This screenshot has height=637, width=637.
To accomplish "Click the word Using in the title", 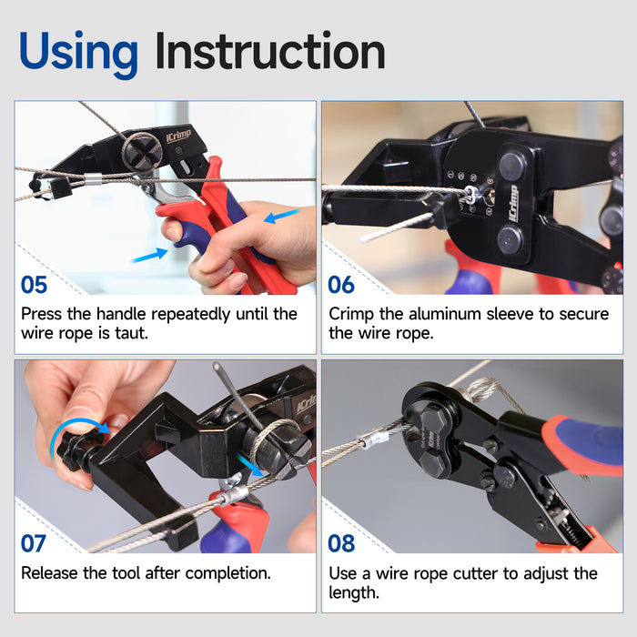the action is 78,54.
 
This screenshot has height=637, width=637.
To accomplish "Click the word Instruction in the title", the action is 270,51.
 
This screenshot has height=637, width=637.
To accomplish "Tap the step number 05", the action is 35,285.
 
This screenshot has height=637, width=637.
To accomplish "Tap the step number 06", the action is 341,285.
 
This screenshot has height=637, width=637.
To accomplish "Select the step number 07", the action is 34,543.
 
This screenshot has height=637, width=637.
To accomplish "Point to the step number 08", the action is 341,543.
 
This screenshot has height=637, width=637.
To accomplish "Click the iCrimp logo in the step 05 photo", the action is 178,136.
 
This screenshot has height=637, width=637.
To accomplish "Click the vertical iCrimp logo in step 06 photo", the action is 513,204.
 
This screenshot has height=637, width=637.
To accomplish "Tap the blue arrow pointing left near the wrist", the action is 282,216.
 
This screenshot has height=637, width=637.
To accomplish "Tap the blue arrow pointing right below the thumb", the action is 150,256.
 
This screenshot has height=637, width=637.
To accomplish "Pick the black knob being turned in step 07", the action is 76,450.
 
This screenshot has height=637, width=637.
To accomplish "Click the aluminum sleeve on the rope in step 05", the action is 93,178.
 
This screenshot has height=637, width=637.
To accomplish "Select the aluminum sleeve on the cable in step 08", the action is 373,440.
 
